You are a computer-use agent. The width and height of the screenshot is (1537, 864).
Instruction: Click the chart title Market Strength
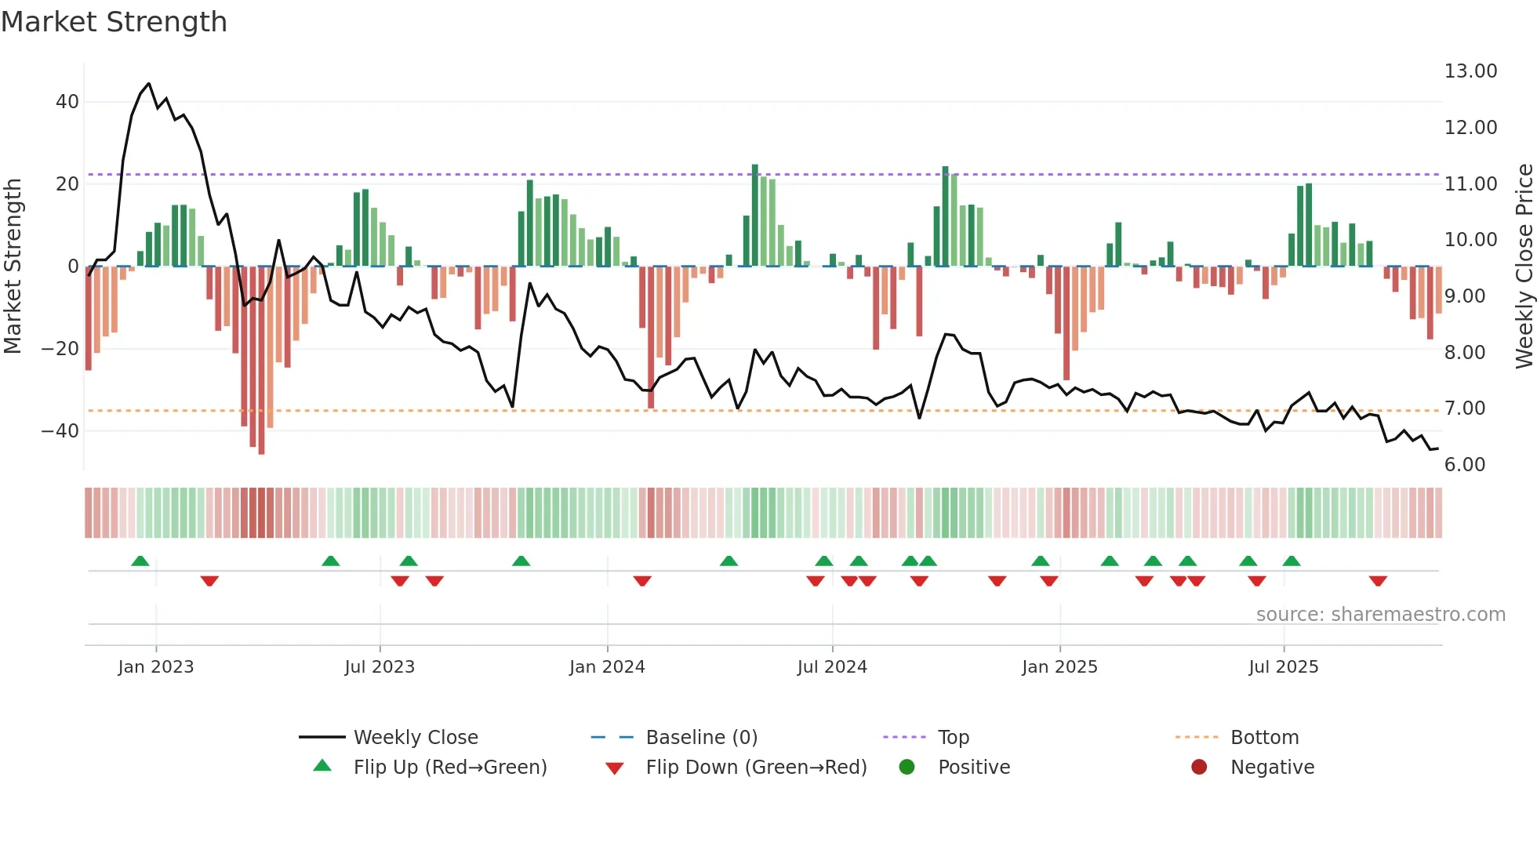(114, 22)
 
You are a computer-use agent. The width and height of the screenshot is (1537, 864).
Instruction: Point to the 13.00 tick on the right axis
(1470, 71)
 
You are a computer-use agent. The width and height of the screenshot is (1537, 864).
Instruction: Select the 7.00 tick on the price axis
(1464, 408)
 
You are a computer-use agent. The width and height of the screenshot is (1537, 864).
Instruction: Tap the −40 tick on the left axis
(60, 430)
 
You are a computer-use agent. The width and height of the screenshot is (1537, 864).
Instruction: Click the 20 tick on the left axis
(67, 184)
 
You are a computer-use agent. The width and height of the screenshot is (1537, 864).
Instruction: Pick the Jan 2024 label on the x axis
(607, 667)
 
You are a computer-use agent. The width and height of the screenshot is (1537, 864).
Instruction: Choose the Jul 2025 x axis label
(1283, 667)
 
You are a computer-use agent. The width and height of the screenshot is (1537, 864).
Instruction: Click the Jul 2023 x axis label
(380, 667)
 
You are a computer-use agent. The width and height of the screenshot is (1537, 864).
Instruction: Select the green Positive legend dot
(907, 768)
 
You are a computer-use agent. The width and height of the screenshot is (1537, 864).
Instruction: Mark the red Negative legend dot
(1199, 768)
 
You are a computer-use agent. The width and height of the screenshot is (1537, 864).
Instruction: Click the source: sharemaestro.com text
(1380, 615)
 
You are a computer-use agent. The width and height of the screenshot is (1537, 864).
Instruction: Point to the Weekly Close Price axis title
(1524, 267)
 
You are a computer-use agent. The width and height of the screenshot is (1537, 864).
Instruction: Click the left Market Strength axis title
(13, 267)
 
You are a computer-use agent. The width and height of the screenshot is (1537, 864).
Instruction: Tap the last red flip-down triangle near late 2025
(1378, 581)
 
